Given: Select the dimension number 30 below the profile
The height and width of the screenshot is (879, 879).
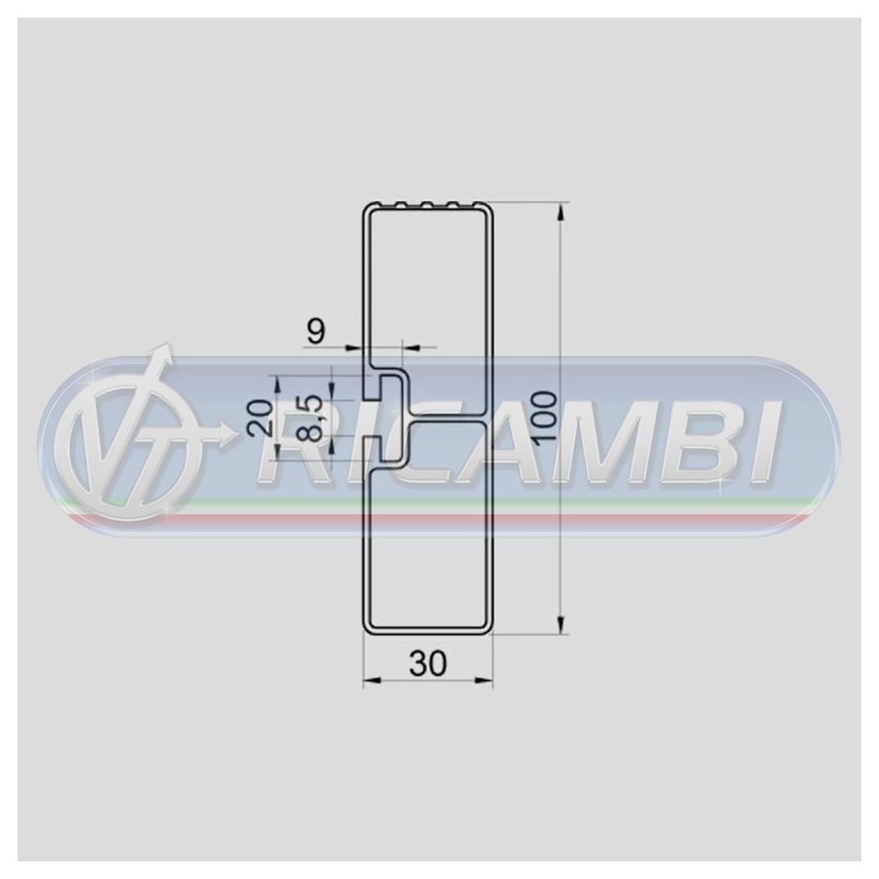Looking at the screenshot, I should [428, 664].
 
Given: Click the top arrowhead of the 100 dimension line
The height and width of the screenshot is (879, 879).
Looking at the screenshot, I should [560, 211].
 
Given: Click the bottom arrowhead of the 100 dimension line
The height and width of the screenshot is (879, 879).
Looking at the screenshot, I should [560, 625].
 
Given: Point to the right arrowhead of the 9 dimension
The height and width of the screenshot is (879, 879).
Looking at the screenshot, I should [412, 348].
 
